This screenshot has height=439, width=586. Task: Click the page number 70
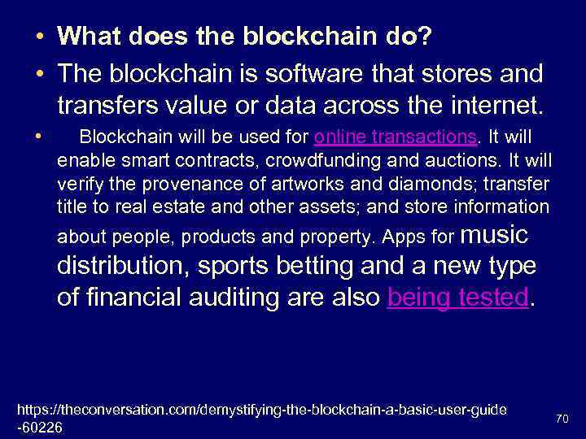coord(562,419)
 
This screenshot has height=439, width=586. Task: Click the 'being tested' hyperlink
coord(458,298)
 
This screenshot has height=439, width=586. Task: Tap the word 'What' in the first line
coord(89,36)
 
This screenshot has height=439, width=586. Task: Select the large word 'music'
coord(495,235)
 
